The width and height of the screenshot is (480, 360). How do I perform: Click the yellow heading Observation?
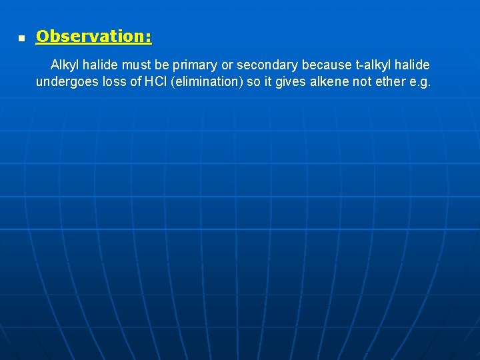click(x=93, y=37)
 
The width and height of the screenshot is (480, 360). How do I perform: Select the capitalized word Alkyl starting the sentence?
click(x=65, y=65)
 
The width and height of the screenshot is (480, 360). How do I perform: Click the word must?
click(x=136, y=65)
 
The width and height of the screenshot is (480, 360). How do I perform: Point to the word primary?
click(x=195, y=65)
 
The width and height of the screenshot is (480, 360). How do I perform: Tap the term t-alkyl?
click(x=375, y=65)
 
